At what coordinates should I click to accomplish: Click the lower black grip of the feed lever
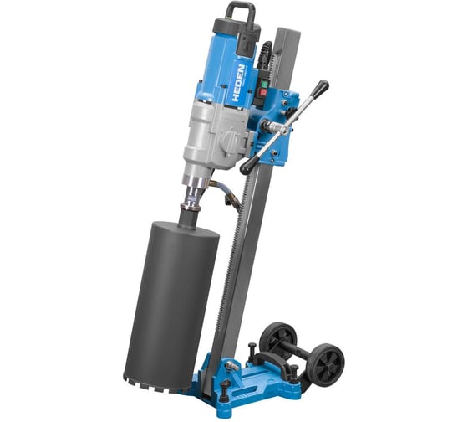(248, 166)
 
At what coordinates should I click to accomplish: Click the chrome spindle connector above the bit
(191, 198)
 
